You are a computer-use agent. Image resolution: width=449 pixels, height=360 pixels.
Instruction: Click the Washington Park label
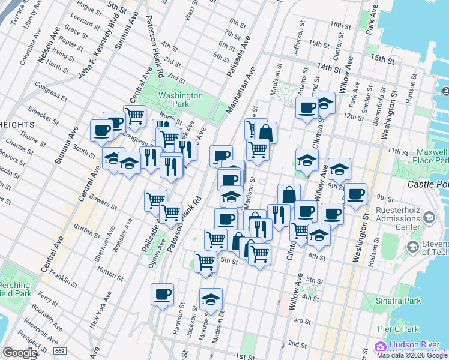click(x=180, y=100)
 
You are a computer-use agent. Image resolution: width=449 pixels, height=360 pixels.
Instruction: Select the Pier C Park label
click(x=398, y=329)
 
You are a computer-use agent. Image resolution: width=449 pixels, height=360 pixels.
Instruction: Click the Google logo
click(x=20, y=353)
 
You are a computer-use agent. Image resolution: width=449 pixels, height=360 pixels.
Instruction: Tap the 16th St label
click(x=340, y=25)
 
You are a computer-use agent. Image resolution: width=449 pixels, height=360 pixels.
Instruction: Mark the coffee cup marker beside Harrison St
click(x=162, y=295)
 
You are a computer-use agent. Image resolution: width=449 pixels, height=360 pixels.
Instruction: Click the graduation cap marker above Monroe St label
click(x=211, y=299)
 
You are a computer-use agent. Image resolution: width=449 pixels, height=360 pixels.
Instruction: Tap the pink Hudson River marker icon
click(x=379, y=347)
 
